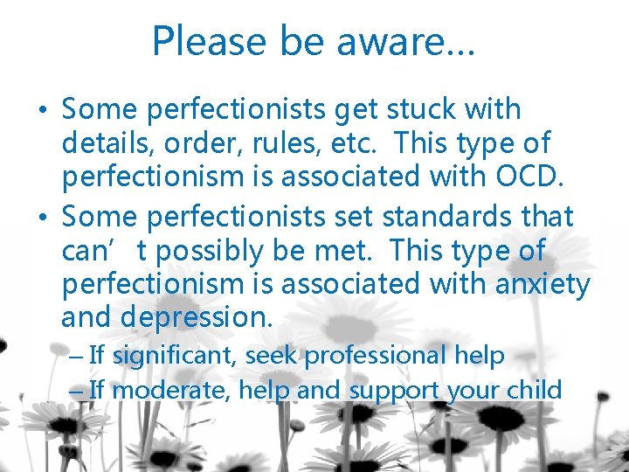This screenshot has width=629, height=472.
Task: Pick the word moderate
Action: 171,390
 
